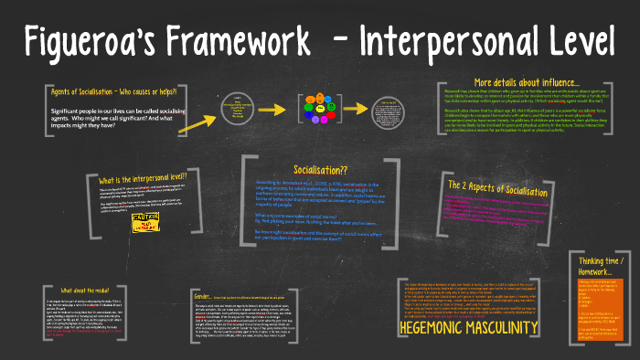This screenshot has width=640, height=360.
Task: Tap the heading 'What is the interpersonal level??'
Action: [x=142, y=176]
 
